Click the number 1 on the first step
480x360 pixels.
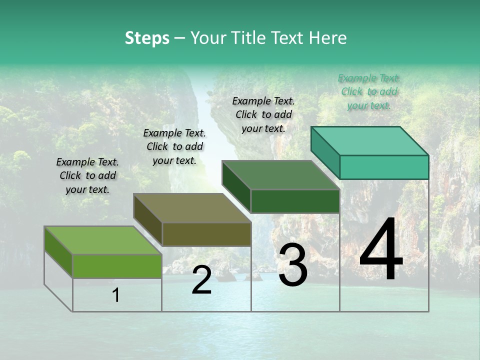[x=116, y=295]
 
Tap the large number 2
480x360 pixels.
[x=201, y=280]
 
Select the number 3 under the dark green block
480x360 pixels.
[x=293, y=265]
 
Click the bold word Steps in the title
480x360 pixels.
[x=147, y=38]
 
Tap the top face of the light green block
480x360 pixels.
[x=102, y=240]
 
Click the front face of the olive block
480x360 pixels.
[x=206, y=234]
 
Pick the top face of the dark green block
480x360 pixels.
[x=280, y=175]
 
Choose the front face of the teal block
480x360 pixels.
[x=384, y=167]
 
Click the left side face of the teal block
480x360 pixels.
[x=325, y=149]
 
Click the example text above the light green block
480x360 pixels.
[x=87, y=175]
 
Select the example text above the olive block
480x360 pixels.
[x=174, y=146]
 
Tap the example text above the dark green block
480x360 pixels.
[x=263, y=114]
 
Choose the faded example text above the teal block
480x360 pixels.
[x=369, y=91]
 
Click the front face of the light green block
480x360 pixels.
[x=117, y=266]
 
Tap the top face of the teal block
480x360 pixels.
[x=370, y=141]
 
